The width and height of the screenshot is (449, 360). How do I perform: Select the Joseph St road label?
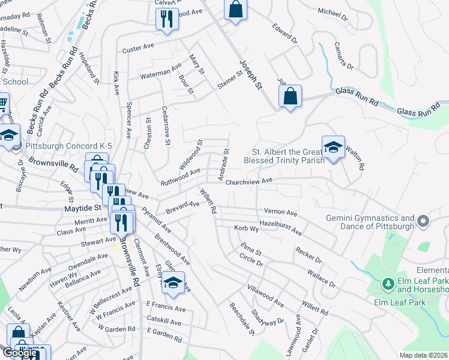click(252, 75)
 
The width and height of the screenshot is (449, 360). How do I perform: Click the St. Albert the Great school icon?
click(333, 146)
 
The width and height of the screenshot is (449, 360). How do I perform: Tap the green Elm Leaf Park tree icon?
click(388, 282)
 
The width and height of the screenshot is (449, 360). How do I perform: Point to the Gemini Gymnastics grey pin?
click(424, 222)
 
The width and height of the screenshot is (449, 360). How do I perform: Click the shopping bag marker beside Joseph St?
click(290, 96)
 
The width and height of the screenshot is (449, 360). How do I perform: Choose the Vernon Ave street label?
click(280, 212)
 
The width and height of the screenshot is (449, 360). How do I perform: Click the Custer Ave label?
click(139, 49)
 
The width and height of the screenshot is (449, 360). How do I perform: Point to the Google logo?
click(20, 353)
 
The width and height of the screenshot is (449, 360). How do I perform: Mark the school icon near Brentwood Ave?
click(173, 283)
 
